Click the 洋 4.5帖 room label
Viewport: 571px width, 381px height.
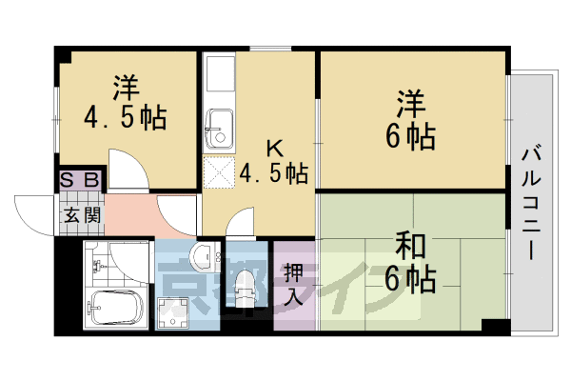(x=124, y=104)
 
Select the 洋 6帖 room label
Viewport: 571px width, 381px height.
(x=409, y=118)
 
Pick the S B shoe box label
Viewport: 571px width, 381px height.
(x=80, y=179)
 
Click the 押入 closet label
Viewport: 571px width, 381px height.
(x=292, y=283)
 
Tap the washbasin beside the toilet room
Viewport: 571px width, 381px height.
(x=201, y=254)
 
